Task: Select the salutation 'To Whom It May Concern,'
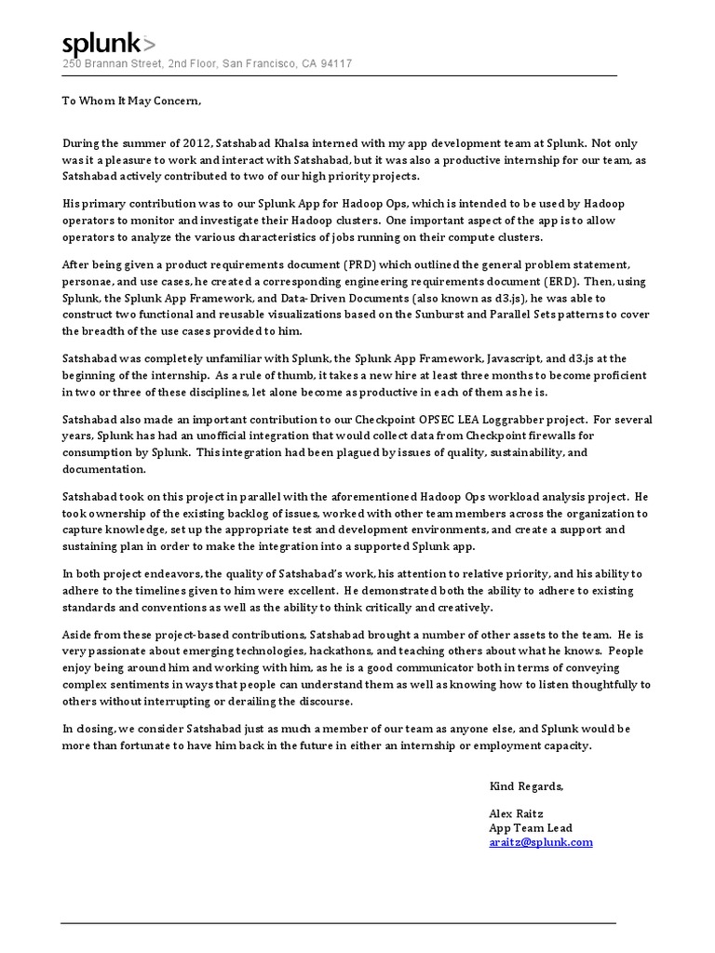pos(130,101)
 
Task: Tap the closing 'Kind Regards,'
pos(526,786)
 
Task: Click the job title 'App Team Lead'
pos(531,827)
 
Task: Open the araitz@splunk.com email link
pos(541,842)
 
